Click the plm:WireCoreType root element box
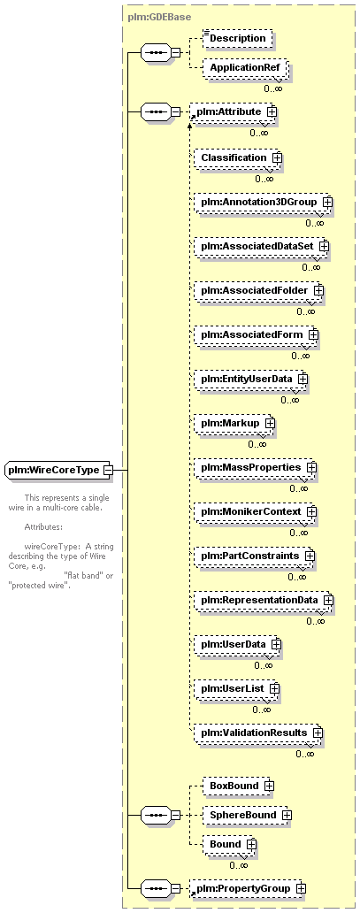59,470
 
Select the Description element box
237,38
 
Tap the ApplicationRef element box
243,67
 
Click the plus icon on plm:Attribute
271,111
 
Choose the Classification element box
237,157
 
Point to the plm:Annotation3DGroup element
263,202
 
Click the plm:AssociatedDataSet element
261,246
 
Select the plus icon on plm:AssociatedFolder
318,290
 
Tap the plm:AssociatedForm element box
256,334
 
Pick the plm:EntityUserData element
250,379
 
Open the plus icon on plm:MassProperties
311,468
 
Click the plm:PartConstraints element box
254,556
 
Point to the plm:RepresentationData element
264,600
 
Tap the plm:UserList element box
236,689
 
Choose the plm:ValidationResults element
258,733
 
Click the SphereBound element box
247,815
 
